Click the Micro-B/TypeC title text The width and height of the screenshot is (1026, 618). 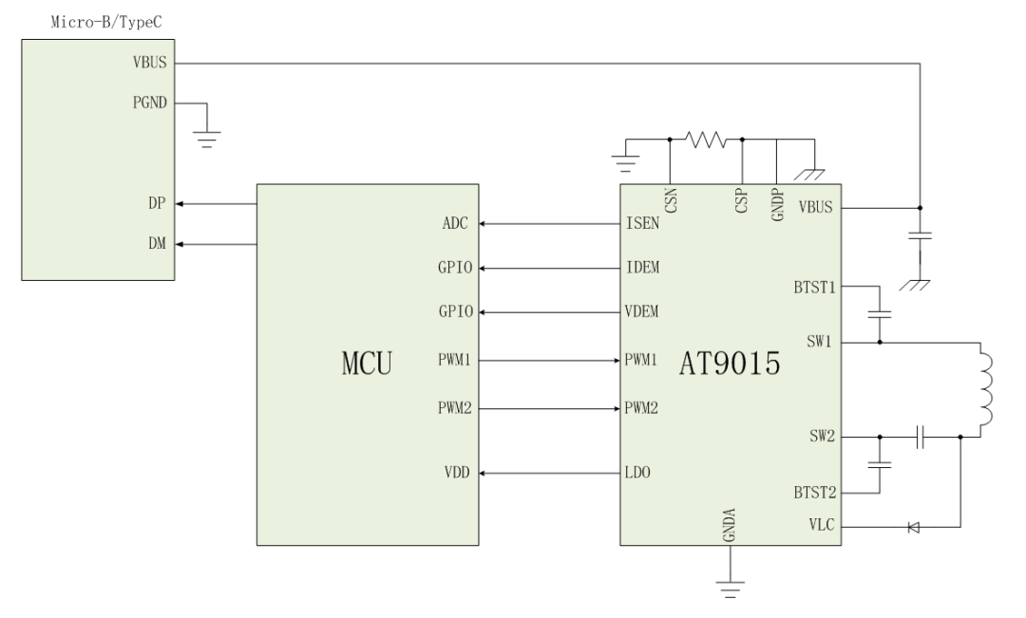(x=106, y=22)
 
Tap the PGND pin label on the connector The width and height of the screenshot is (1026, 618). (x=150, y=103)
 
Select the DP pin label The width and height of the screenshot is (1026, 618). (x=157, y=203)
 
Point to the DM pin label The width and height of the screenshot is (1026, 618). (x=157, y=244)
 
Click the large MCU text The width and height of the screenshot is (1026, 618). (x=367, y=364)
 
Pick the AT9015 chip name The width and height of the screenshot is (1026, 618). (x=730, y=364)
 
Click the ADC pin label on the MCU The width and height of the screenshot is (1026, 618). (x=455, y=224)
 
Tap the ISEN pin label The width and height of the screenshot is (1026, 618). (x=642, y=224)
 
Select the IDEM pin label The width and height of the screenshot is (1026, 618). (x=642, y=268)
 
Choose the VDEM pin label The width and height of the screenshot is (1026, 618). (x=642, y=311)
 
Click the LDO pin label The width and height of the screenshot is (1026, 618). (x=637, y=472)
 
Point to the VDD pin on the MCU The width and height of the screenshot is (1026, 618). (x=457, y=472)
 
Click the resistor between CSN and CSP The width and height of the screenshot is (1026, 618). (x=705, y=140)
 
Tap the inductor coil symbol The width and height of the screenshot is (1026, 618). (x=985, y=390)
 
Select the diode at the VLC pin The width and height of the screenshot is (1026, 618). (x=914, y=527)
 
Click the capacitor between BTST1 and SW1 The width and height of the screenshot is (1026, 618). (x=880, y=314)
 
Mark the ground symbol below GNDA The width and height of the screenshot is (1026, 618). (x=731, y=589)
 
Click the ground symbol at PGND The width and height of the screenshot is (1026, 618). (x=207, y=140)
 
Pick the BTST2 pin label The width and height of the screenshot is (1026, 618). (x=815, y=493)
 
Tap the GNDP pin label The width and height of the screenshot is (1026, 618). (x=777, y=205)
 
